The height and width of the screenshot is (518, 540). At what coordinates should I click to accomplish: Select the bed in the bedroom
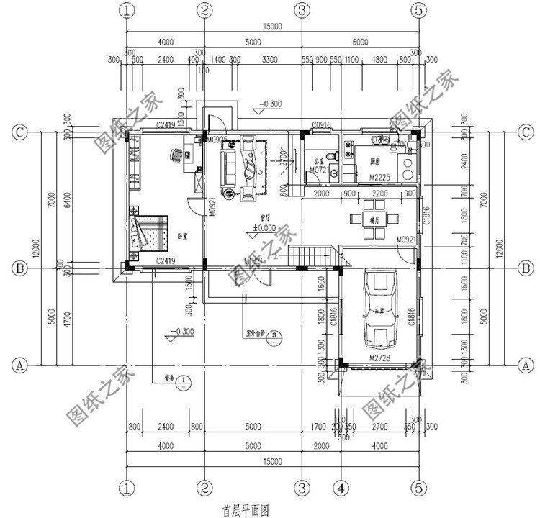(148, 230)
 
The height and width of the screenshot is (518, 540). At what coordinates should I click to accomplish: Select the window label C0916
(321, 127)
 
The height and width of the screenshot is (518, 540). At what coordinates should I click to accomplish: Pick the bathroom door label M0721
(318, 171)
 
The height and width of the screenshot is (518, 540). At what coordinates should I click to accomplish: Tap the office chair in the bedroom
(176, 155)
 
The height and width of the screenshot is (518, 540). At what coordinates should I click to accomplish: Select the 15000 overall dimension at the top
(272, 27)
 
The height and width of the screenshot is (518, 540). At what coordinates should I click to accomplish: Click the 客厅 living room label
(255, 217)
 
